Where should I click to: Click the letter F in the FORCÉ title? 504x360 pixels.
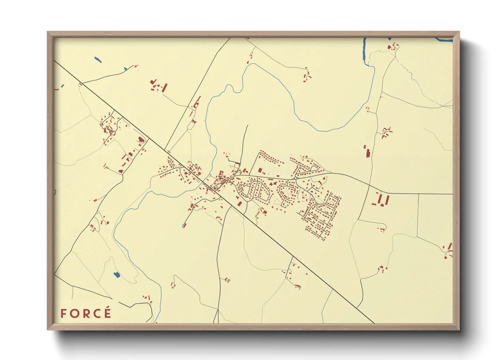63,313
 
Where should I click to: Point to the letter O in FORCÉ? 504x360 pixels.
74,313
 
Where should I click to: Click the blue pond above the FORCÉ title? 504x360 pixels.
116,274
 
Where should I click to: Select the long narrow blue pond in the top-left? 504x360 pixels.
98,60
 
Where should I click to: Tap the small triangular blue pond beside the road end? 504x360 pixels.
125,69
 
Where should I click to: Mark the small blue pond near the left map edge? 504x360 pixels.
62,86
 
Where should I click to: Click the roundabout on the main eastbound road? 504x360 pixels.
296,178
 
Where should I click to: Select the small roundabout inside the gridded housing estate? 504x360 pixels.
316,204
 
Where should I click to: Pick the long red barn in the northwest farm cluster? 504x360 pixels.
165,87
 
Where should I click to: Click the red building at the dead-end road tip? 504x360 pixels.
185,225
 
